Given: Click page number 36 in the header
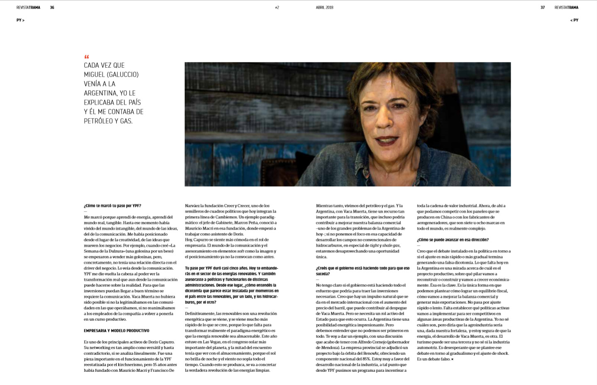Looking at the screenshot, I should click(x=52, y=7).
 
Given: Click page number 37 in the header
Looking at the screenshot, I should click(x=543, y=7).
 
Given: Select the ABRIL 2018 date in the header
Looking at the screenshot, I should click(x=324, y=7).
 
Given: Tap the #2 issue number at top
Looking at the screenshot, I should click(x=277, y=7).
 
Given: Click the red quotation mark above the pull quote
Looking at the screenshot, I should click(x=86, y=57).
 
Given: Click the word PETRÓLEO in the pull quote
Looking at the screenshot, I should click(x=98, y=121).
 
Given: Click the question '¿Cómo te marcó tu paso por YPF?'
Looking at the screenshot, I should click(x=113, y=206).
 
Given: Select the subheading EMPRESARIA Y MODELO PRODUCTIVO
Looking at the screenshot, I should click(x=116, y=331).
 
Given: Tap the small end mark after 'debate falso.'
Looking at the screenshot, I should click(x=452, y=359).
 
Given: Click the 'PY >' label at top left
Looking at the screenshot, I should click(x=20, y=20).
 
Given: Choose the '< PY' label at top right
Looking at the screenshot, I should click(x=574, y=20).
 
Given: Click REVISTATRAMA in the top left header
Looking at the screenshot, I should click(x=28, y=7).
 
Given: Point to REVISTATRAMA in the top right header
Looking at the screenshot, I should click(x=566, y=7).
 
